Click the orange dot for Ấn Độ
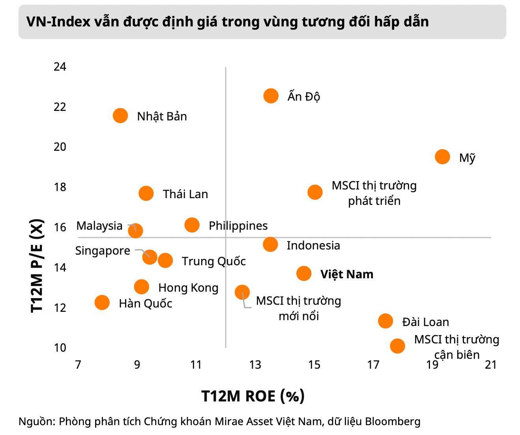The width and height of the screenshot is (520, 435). tap(271, 96)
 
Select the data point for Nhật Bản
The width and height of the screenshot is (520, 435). tap(120, 116)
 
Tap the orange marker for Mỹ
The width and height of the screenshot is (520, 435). tap(442, 157)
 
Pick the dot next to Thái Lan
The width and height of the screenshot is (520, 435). tap(146, 193)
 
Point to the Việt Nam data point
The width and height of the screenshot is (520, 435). tap(304, 273)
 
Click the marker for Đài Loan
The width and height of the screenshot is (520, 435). tap(385, 321)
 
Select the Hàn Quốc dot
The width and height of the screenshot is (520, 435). tap(102, 302)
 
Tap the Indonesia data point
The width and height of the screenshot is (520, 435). tap(270, 244)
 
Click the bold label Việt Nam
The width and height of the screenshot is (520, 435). tap(346, 274)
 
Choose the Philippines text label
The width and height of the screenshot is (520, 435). tap(238, 225)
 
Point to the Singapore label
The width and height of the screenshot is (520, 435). tap(103, 251)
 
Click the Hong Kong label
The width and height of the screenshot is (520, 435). tap(188, 288)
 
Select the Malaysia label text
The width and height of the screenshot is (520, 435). tap(99, 226)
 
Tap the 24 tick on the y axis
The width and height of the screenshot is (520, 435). tap(60, 66)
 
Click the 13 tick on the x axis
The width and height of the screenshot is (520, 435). tap(255, 364)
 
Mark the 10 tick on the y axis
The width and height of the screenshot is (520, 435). tap(60, 347)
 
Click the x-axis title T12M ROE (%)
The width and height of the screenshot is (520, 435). tap(253, 396)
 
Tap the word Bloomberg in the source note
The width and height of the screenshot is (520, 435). tap(393, 421)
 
